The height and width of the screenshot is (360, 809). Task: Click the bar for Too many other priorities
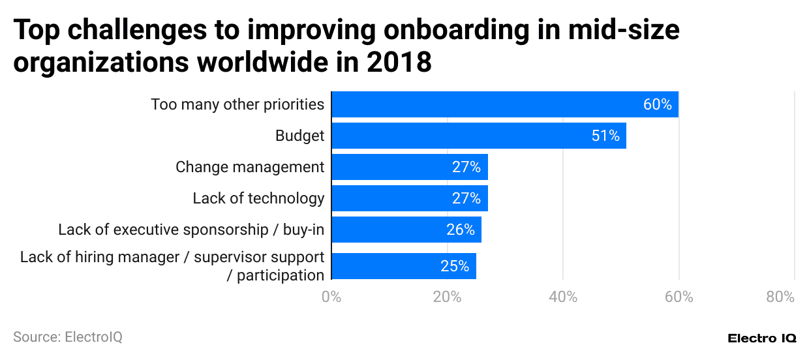click(x=505, y=104)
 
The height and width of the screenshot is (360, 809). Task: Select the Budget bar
click(x=479, y=136)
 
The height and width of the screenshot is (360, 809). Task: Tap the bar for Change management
click(x=410, y=167)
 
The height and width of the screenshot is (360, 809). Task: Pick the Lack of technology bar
click(x=410, y=198)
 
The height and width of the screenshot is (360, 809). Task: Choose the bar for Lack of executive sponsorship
click(x=406, y=230)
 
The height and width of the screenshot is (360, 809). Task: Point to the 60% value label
click(x=657, y=104)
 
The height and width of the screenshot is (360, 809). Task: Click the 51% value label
click(x=605, y=136)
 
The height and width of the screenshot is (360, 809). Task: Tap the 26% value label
click(x=461, y=230)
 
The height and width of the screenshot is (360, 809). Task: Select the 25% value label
click(x=455, y=266)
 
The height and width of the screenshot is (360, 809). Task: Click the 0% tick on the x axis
click(x=331, y=297)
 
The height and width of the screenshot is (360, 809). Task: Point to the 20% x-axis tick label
click(x=447, y=297)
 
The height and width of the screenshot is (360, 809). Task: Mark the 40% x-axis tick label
click(x=563, y=297)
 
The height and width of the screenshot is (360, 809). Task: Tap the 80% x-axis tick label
click(x=780, y=297)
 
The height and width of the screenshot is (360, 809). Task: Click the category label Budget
click(x=299, y=136)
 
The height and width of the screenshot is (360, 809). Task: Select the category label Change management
click(x=250, y=167)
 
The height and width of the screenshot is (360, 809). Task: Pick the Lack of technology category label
click(x=258, y=198)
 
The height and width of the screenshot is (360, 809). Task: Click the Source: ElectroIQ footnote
click(x=68, y=337)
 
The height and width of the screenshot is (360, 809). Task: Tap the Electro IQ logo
click(x=761, y=338)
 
